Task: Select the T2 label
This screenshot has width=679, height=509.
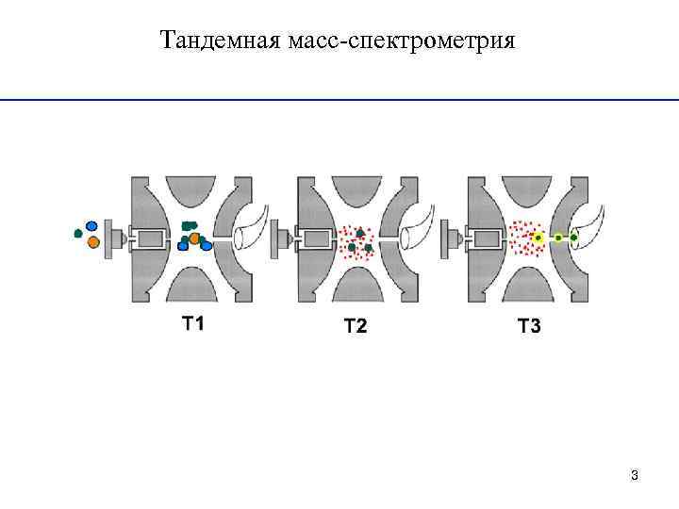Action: tap(356, 327)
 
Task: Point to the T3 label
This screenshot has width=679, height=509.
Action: tap(529, 327)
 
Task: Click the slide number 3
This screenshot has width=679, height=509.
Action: tap(635, 474)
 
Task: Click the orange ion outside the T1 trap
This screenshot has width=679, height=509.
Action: tap(93, 242)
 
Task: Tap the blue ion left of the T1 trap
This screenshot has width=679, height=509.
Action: tap(91, 226)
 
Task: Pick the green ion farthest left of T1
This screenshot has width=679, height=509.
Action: tap(77, 233)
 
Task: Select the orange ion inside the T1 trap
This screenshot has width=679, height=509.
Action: tap(195, 238)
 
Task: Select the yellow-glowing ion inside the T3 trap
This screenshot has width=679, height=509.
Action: tap(538, 238)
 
